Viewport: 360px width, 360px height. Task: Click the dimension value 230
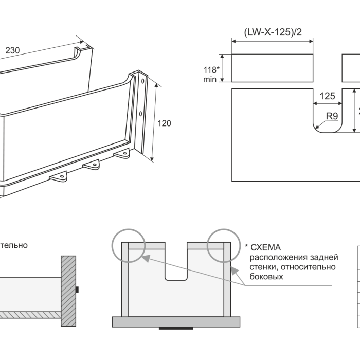click(12, 50)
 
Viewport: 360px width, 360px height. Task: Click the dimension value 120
click(165, 123)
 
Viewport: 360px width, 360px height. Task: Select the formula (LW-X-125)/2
click(273, 32)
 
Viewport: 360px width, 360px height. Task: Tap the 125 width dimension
click(327, 96)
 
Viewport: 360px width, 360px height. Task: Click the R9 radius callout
click(332, 116)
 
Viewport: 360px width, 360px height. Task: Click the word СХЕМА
click(266, 248)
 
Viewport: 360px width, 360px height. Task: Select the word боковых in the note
click(265, 277)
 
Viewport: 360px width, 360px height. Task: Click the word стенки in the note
click(262, 267)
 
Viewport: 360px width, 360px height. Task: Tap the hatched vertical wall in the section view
click(68, 291)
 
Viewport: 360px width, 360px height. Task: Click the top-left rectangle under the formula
click(273, 68)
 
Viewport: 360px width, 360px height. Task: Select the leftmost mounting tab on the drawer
click(58, 176)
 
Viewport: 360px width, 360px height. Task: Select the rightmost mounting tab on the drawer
click(122, 153)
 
